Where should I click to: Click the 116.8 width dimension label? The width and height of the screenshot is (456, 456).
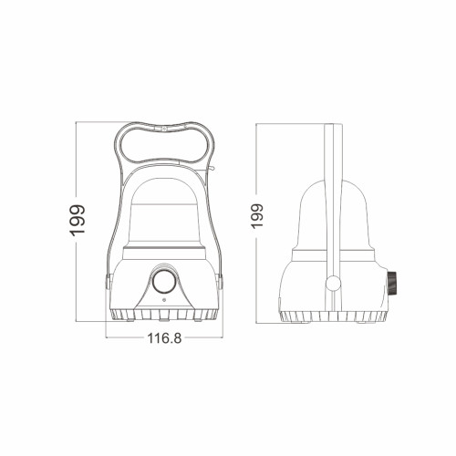(x=164, y=338)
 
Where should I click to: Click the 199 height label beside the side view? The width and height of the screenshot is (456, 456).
(x=257, y=216)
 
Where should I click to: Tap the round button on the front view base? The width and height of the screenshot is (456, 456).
(x=164, y=283)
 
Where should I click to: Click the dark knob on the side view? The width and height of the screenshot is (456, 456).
(x=391, y=283)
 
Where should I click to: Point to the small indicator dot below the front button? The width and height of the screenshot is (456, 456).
(x=164, y=300)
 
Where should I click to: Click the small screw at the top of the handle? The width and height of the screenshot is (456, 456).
(x=164, y=129)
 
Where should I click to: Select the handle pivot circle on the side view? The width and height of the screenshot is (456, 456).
(x=333, y=283)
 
